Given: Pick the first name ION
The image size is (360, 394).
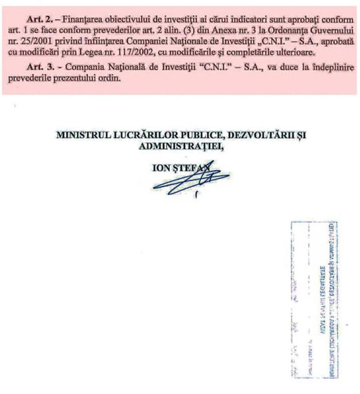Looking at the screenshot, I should coord(161,168).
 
